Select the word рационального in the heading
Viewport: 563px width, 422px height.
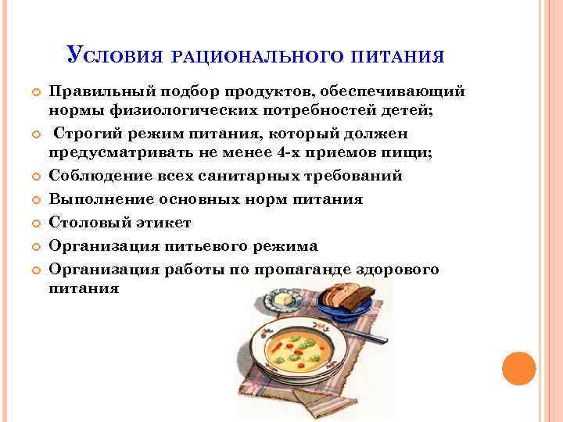click(x=254, y=56)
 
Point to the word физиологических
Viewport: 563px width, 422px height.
click(x=188, y=110)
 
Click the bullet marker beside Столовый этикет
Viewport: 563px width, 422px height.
click(x=34, y=224)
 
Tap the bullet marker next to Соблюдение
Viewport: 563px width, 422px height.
click(x=34, y=177)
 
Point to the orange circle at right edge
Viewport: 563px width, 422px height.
click(x=518, y=368)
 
